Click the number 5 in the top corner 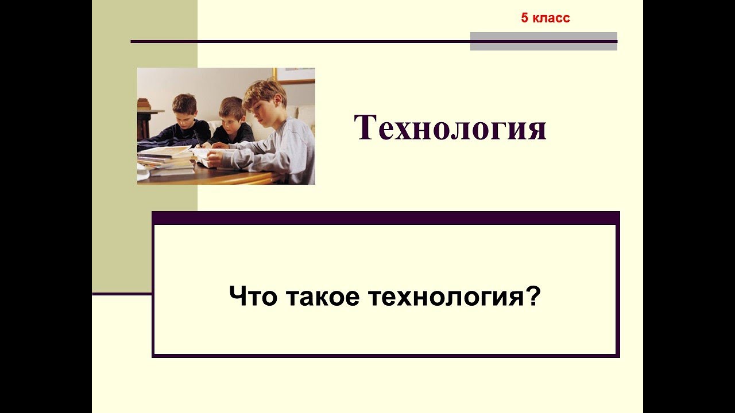point(524,18)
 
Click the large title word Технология point(450,128)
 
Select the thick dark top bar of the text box point(385,217)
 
